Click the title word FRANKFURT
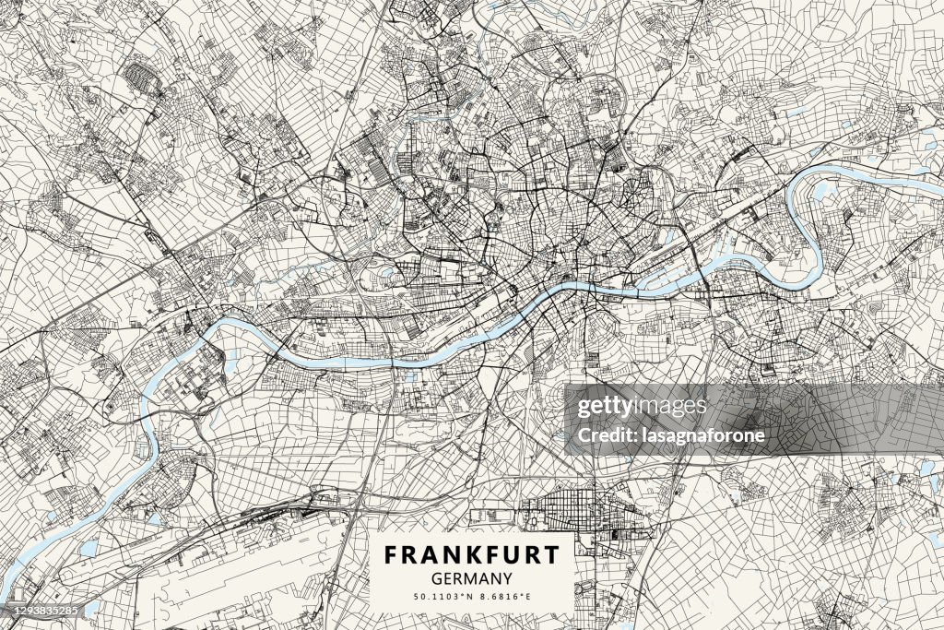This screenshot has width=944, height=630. (x=471, y=555)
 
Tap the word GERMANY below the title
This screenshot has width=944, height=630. (x=471, y=579)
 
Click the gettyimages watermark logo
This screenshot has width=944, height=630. (x=642, y=407)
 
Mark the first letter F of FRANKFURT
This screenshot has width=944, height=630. (x=391, y=555)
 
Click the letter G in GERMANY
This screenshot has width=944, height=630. (x=435, y=579)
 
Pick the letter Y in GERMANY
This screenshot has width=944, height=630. (x=507, y=579)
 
